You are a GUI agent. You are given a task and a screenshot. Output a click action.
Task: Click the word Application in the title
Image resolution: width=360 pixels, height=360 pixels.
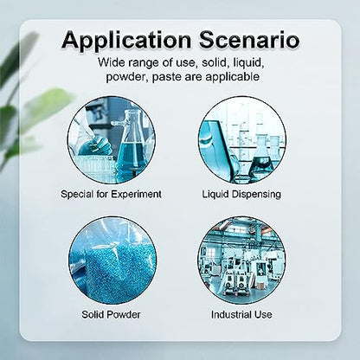tap(126, 41)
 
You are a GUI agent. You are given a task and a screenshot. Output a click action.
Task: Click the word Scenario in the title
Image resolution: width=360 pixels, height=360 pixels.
tap(249, 40)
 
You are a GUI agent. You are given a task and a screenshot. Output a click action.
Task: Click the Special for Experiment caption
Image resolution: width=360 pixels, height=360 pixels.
tap(111, 194)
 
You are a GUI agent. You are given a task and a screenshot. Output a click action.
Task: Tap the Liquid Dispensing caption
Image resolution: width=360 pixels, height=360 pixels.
tap(241, 194)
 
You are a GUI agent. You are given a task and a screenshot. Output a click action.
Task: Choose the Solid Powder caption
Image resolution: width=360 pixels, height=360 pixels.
tap(111, 314)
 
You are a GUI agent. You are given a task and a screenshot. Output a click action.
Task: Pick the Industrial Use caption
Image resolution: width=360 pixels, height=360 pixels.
tap(241, 314)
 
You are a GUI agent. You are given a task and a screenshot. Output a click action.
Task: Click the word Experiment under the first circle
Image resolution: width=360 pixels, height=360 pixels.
tap(136, 194)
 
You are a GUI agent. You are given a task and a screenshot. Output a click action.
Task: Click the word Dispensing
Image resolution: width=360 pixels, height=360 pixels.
tap(256, 195)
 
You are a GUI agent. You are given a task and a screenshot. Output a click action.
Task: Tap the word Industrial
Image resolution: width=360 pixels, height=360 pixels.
tap(231, 314)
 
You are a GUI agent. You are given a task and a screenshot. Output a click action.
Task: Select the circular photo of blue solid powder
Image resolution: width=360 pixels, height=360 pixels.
tap(112, 260)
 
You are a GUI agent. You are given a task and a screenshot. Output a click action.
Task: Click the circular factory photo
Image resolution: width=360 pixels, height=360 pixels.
tap(241, 260)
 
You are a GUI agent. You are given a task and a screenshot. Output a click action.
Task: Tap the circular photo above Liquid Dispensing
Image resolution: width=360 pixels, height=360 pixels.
tap(241, 140)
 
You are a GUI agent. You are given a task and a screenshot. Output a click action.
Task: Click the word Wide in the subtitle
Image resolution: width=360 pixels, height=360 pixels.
tap(108, 62)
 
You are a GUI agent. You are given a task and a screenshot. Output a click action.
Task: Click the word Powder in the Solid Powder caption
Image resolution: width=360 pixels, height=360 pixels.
tap(124, 314)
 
